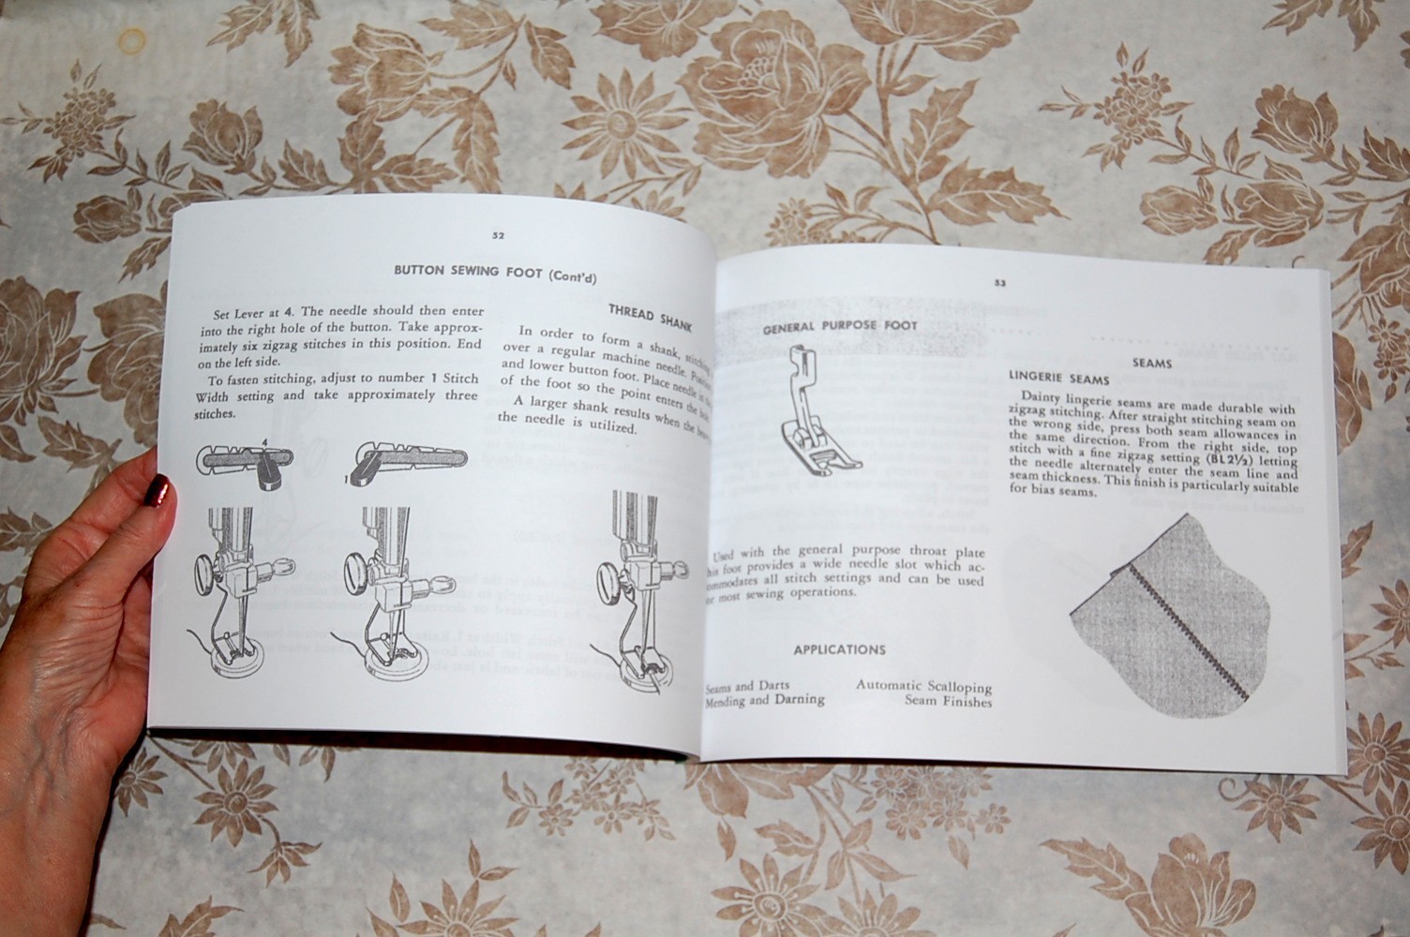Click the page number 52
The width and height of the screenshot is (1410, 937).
point(498,236)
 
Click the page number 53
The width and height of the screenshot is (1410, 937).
point(999,282)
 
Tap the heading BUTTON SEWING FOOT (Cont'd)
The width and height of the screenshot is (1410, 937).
point(495,273)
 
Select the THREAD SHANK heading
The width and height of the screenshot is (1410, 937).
point(650,316)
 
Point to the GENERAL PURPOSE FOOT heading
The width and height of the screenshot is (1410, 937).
point(839,327)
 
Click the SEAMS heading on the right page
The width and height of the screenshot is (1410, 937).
point(1151,363)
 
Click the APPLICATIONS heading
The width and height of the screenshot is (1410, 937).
point(839,649)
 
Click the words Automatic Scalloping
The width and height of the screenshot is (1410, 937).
point(923,686)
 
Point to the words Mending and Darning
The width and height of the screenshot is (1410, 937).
point(765,699)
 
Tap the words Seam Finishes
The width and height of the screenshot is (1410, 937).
point(948,701)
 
